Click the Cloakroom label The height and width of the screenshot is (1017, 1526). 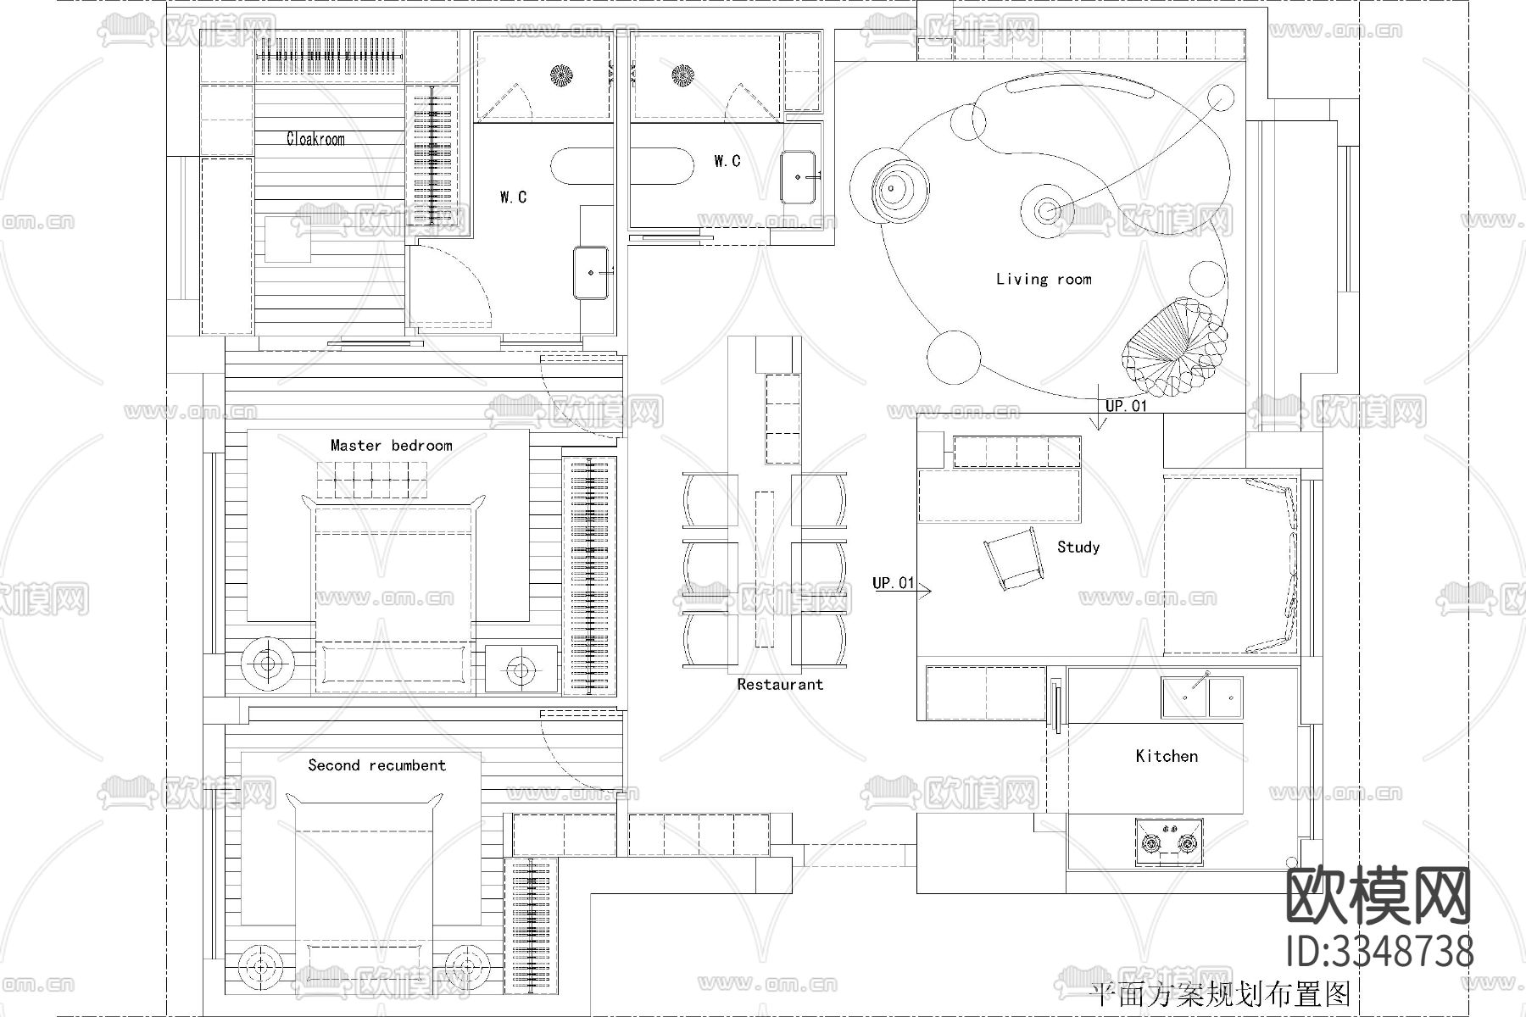point(315,139)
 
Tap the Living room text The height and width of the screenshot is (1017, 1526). point(1044,279)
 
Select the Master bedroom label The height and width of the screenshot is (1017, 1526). point(391,445)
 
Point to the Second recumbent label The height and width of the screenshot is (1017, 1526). point(376,765)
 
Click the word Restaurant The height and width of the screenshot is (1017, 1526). point(779,684)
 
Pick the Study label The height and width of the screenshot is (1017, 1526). point(1078,547)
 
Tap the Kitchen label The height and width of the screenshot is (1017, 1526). point(1167,756)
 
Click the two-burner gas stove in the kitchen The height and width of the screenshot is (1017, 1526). point(1169,842)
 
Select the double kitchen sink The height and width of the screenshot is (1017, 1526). point(1202,698)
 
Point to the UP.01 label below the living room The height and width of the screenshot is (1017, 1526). point(1126,406)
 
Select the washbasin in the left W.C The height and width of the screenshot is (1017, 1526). point(592,272)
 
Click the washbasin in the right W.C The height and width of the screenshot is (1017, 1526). point(798,177)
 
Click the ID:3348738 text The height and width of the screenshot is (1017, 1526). point(1378,951)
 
